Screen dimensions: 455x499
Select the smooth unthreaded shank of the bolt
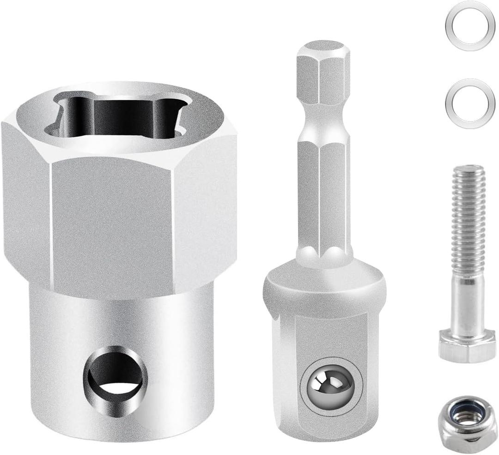[x=468, y=305]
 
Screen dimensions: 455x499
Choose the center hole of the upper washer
[x=468, y=25]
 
